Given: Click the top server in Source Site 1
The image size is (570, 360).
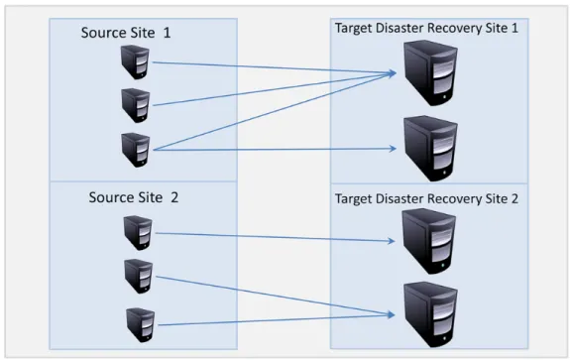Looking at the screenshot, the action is pyautogui.click(x=135, y=61).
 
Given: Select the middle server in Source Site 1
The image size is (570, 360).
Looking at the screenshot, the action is pyautogui.click(x=135, y=105).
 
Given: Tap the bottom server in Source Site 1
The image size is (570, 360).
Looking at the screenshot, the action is pyautogui.click(x=135, y=150).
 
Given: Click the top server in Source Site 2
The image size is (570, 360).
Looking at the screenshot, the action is pyautogui.click(x=138, y=233).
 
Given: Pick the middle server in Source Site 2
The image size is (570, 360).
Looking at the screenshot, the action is pyautogui.click(x=139, y=277).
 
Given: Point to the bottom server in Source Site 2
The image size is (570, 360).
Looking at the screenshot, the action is pyautogui.click(x=141, y=325).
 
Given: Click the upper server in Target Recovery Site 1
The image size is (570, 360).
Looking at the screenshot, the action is pyautogui.click(x=431, y=72).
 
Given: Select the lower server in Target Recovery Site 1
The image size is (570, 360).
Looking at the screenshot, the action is pyautogui.click(x=431, y=149).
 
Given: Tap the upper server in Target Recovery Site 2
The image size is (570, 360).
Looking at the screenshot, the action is pyautogui.click(x=429, y=241).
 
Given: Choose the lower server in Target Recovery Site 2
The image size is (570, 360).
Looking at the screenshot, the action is pyautogui.click(x=431, y=315).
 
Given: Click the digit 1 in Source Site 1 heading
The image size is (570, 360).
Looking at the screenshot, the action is pyautogui.click(x=167, y=33).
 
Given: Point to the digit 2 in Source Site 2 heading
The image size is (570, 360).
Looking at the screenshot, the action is pyautogui.click(x=174, y=197).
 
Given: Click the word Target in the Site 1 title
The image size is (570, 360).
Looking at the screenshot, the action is pyautogui.click(x=354, y=28).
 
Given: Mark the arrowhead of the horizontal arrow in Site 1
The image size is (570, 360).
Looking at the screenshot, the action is pyautogui.click(x=393, y=149).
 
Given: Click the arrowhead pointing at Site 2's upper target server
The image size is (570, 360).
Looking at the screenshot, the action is pyautogui.click(x=392, y=241).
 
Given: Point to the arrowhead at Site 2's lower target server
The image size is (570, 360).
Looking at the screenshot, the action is pyautogui.click(x=392, y=315).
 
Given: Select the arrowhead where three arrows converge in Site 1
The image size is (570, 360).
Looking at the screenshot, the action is pyautogui.click(x=392, y=73).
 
